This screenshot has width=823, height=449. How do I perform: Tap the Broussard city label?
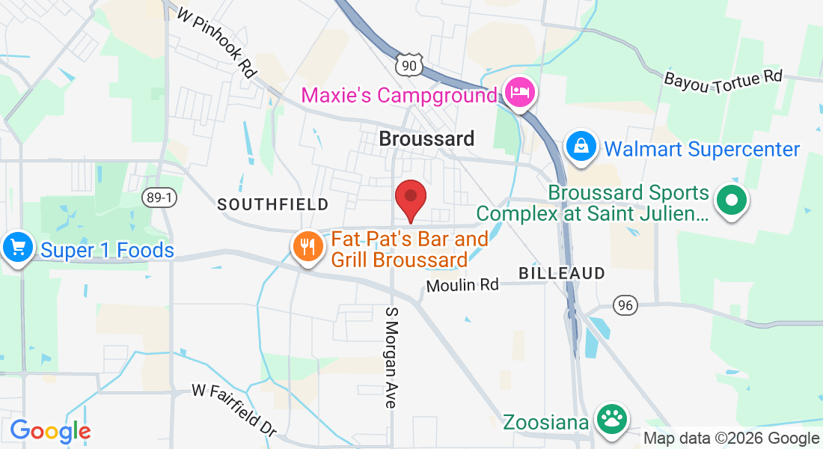click(x=426, y=138)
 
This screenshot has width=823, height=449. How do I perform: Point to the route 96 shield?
click(x=625, y=305)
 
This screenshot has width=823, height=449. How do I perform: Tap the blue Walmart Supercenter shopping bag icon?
click(x=581, y=146)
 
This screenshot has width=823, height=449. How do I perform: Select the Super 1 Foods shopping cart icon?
click(x=17, y=247)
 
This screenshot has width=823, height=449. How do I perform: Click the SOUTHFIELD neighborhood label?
click(x=273, y=204)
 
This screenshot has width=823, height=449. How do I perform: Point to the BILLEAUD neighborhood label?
click(x=561, y=273)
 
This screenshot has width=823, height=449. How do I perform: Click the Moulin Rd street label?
click(x=462, y=285)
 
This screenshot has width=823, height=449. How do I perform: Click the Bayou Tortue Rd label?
click(x=723, y=77)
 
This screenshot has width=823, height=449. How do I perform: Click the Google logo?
click(x=50, y=432)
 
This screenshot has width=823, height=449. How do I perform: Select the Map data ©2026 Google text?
click(x=732, y=439)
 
